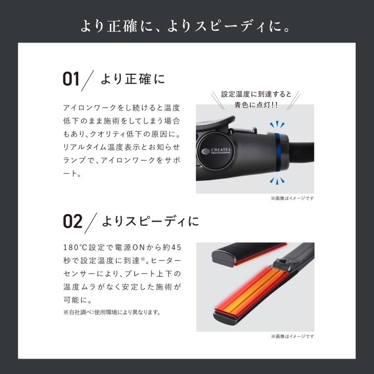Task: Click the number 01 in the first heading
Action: point(71,79)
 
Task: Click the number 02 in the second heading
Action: point(73,221)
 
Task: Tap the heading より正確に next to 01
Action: point(133,79)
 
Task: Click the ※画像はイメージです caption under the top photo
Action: point(292,198)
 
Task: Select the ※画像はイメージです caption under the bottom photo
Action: point(292,336)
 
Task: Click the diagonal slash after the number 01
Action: point(89,79)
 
